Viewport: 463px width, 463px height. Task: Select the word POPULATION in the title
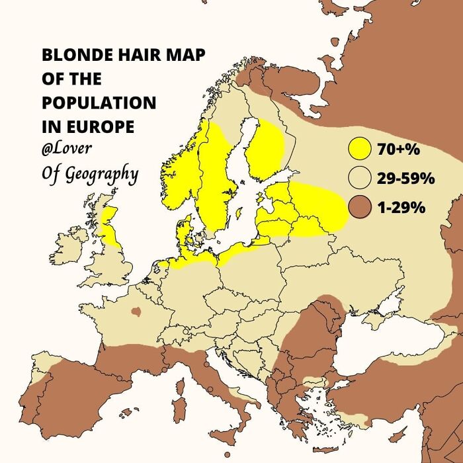[x=99, y=103]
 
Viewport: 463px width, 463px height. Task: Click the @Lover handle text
[x=67, y=149]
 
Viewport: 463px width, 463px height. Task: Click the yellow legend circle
[x=359, y=149]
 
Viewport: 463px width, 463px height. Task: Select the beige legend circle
[x=359, y=178]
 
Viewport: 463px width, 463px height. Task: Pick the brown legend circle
[x=359, y=207]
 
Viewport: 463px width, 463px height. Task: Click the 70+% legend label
[x=399, y=150]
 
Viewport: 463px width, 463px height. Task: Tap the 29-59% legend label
[x=405, y=179]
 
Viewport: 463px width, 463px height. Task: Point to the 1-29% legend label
[x=401, y=208]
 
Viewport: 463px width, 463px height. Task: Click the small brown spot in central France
[x=137, y=311]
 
